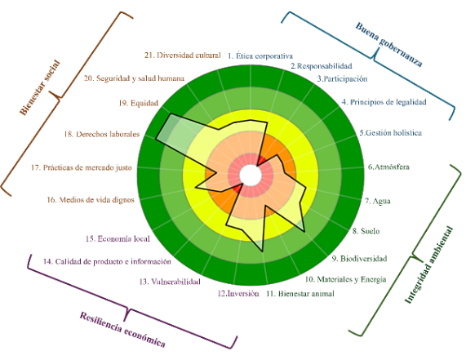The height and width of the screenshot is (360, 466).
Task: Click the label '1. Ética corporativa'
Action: click(x=260, y=56)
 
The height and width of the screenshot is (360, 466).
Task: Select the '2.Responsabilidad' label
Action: click(x=322, y=65)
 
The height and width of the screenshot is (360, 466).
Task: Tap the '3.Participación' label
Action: click(x=342, y=79)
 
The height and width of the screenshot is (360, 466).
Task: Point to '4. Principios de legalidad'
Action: click(x=384, y=102)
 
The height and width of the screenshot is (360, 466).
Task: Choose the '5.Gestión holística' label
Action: click(x=391, y=132)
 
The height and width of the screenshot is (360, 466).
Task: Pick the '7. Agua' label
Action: click(x=377, y=201)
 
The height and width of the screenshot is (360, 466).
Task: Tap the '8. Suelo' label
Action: click(x=366, y=231)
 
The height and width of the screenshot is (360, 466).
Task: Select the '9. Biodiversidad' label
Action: click(x=359, y=259)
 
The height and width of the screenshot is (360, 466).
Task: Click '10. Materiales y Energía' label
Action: click(x=346, y=279)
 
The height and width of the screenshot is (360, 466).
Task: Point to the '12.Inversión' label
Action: click(x=238, y=293)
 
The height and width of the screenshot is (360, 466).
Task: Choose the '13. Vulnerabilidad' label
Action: click(x=170, y=282)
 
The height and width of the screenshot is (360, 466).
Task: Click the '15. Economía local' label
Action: click(x=118, y=238)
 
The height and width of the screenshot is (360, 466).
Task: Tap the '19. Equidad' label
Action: click(x=138, y=103)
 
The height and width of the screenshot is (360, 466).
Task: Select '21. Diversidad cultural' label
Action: click(x=183, y=56)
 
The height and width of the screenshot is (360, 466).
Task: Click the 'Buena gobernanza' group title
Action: click(x=388, y=45)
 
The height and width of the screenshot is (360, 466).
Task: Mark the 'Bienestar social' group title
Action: click(x=40, y=87)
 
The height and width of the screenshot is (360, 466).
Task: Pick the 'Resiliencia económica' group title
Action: click(x=122, y=329)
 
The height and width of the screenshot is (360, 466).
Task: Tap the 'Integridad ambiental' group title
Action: click(x=428, y=264)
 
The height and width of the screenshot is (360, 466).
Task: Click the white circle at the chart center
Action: click(x=251, y=176)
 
